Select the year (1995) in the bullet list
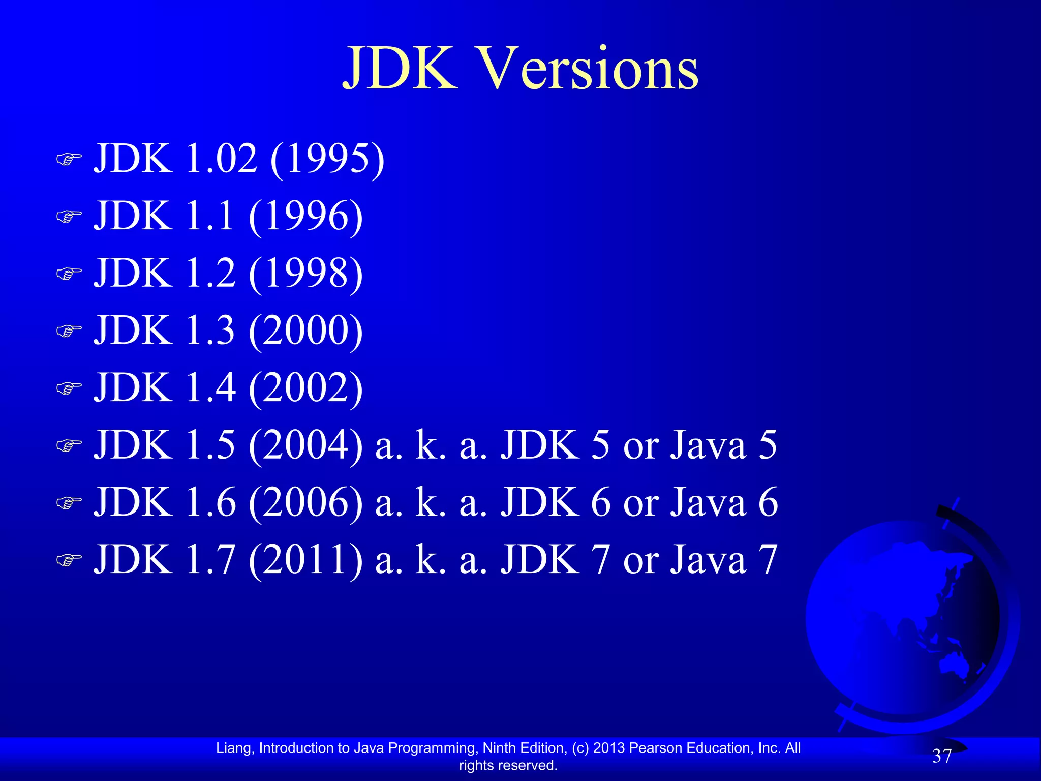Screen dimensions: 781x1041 coord(327,159)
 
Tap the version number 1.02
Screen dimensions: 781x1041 coord(221,159)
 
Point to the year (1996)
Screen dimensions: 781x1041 coord(305,217)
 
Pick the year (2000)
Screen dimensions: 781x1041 coord(305,331)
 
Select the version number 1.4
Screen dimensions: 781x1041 coord(210,388)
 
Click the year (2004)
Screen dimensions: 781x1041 coord(305,445)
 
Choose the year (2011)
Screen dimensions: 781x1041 coord(305,560)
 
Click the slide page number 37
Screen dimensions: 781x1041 coord(942,757)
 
